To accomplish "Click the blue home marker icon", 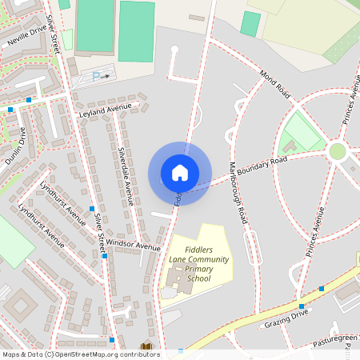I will pyautogui.click(x=180, y=173).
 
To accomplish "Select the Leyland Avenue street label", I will pyautogui.click(x=105, y=110).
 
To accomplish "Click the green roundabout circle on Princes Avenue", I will pyautogui.click(x=338, y=150).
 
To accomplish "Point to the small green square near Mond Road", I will pyautogui.click(x=250, y=23).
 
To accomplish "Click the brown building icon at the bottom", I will pyautogui.click(x=146, y=347).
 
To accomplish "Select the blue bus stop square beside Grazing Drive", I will pyautogui.click(x=302, y=306).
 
